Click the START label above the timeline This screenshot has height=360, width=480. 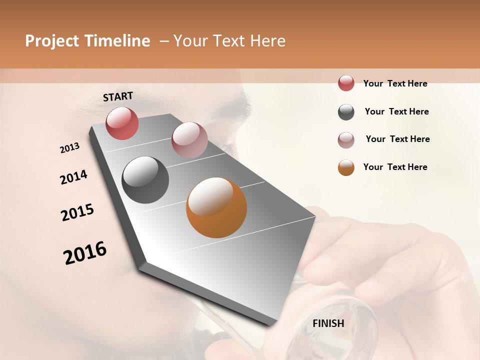[x=118, y=96]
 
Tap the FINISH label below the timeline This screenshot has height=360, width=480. [x=328, y=323]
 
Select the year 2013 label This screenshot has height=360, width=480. [x=70, y=148]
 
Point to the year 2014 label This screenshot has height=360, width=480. [x=73, y=177]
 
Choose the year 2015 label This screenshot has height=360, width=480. [x=77, y=212]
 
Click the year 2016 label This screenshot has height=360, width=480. [x=85, y=253]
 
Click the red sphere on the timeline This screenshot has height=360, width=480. [x=122, y=123]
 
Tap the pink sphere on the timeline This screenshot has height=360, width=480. [x=189, y=140]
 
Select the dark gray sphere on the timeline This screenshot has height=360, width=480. [x=145, y=180]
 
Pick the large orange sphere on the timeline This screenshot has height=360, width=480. [x=216, y=207]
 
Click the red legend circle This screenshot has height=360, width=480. [x=346, y=83]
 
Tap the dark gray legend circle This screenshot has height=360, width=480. [x=346, y=112]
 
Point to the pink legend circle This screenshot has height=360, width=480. [x=346, y=140]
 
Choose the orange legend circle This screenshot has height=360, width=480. [x=346, y=167]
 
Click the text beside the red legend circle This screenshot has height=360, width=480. [x=395, y=83]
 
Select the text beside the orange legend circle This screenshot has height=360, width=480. [x=395, y=167]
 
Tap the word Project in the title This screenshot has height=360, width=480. [x=52, y=41]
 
